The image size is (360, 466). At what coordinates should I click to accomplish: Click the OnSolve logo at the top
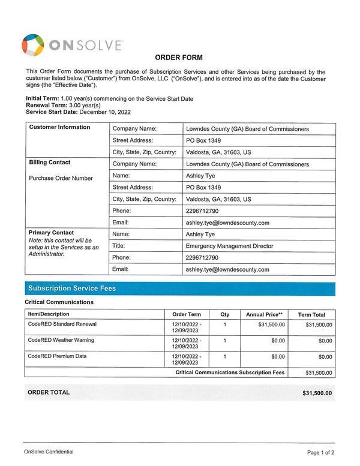click(72, 45)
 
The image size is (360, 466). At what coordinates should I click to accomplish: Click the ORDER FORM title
click(179, 58)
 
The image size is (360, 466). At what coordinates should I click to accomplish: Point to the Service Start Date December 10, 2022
click(78, 112)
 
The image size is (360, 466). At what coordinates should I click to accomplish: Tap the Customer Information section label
click(59, 127)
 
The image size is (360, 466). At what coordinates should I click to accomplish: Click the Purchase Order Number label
click(61, 178)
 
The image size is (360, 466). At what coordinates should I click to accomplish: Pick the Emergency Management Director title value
click(229, 246)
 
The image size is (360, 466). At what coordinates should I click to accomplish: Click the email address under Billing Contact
click(227, 223)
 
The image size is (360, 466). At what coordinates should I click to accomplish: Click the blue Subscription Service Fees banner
click(179, 288)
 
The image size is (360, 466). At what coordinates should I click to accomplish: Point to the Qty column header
click(225, 314)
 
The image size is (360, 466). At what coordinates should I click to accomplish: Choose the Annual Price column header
click(264, 314)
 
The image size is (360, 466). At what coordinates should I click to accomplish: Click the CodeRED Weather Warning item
click(61, 340)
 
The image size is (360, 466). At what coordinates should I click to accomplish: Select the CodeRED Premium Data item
click(58, 356)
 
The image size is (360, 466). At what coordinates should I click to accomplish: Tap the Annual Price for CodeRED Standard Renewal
click(271, 324)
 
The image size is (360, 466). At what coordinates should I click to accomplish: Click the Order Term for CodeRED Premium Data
click(187, 359)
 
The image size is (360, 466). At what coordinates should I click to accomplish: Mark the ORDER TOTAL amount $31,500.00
click(317, 393)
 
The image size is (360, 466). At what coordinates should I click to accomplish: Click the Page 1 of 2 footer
click(320, 452)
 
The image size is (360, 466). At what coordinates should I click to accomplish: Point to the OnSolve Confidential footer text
click(50, 452)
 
